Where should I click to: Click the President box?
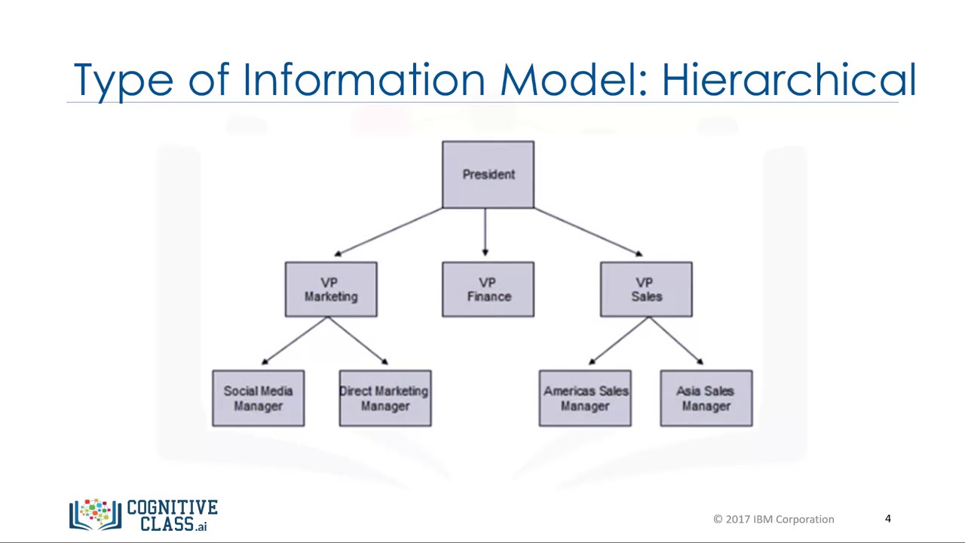[488, 174]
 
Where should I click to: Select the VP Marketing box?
[331, 290]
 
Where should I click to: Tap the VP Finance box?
[488, 290]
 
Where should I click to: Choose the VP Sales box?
[646, 290]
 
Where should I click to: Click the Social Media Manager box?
[258, 398]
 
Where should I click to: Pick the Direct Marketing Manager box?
[385, 398]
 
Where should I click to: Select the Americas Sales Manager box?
[585, 398]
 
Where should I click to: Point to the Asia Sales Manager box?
[706, 398]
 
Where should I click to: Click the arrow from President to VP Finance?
[485, 232]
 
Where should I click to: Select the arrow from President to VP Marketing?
[388, 232]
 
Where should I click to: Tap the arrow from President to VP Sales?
[588, 232]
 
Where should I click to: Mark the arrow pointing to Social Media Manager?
[295, 341]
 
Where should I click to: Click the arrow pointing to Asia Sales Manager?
[676, 341]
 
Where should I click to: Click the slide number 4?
[888, 519]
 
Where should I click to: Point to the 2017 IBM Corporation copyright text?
[774, 519]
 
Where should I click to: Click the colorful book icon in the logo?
[95, 514]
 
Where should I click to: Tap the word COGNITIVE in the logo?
[173, 507]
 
